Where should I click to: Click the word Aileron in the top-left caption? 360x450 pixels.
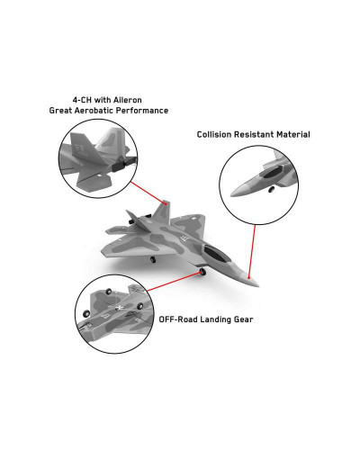pyautogui.click(x=128, y=100)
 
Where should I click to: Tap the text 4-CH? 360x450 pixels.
pyautogui.click(x=82, y=100)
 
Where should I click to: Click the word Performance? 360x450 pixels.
pyautogui.click(x=142, y=111)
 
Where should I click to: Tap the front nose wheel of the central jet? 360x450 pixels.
pyautogui.click(x=203, y=272)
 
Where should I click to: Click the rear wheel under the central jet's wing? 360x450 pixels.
pyautogui.click(x=153, y=259)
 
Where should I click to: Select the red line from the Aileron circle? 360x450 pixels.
pyautogui.click(x=148, y=193)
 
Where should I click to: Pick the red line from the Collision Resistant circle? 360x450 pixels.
pyautogui.click(x=252, y=251)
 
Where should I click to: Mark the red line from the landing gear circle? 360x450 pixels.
pyautogui.click(x=173, y=282)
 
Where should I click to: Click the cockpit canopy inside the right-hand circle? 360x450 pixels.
pyautogui.click(x=272, y=172)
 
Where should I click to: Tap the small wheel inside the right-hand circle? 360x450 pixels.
pyautogui.click(x=271, y=189)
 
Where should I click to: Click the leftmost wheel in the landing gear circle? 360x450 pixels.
pyautogui.click(x=86, y=313)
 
